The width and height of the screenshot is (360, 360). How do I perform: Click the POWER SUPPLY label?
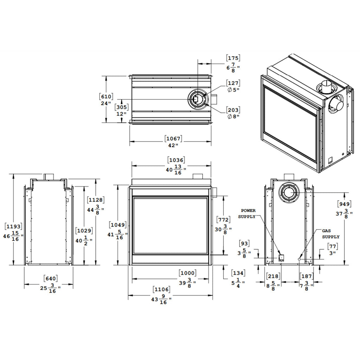coord(247,214)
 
